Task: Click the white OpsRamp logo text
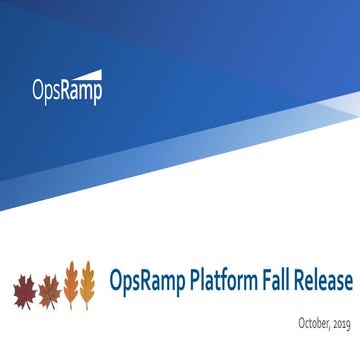click(65, 91)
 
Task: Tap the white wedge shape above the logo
click(85, 73)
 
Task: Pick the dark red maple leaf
click(23, 291)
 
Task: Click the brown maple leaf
click(47, 291)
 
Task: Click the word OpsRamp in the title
click(146, 282)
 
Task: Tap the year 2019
click(343, 322)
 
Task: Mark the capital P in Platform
click(196, 281)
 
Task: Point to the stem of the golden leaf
click(88, 306)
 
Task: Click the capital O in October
click(301, 321)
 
